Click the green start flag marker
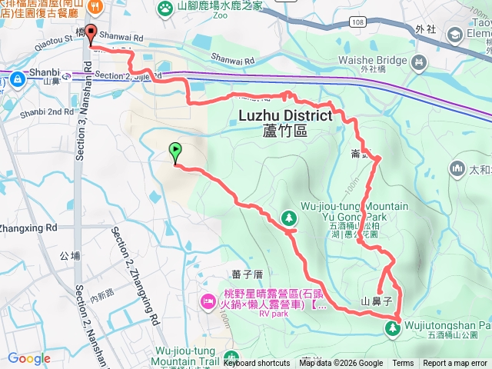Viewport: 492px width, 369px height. point(176,152)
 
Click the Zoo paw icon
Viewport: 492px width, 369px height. point(165,8)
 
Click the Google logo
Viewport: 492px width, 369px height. point(29,358)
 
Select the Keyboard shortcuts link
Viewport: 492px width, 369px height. point(257,364)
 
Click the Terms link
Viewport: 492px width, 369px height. point(403,364)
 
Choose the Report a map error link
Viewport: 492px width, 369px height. point(455,364)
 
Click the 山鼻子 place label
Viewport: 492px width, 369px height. point(377,300)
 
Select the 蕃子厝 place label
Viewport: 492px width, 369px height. point(247,274)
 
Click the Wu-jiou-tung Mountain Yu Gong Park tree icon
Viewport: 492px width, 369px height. point(290,218)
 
